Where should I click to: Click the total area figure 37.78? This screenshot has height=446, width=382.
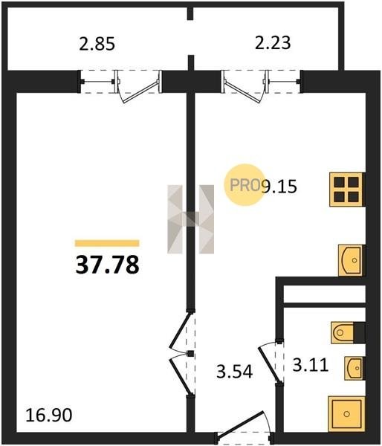point(107,265)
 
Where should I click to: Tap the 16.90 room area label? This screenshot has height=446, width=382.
point(48,415)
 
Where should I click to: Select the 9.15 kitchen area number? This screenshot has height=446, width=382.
point(279,187)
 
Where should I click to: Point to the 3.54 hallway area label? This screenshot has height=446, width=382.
point(234,371)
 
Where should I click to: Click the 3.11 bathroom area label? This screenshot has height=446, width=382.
point(311,365)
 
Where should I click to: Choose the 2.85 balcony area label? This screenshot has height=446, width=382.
point(97,44)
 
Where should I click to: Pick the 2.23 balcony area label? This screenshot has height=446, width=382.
point(273,42)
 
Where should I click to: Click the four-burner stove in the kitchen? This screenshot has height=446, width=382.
point(347,189)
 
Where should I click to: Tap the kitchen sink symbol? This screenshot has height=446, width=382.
point(351,260)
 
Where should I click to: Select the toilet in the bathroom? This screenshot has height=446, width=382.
point(348,332)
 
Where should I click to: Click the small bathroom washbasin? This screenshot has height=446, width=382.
point(354,368)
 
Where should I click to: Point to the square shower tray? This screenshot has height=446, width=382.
point(346,414)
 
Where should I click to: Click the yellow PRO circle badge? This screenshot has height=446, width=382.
point(245,185)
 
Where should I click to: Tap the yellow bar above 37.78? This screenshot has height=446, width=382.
point(107,243)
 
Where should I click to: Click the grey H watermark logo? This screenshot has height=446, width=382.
point(190,219)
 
